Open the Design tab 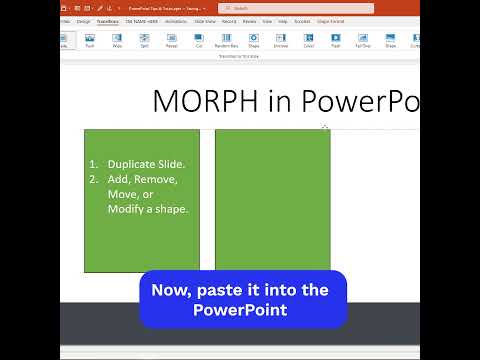coord(83,20)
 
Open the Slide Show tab coord(205,20)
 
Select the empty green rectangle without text coord(272,200)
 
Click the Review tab coord(249,20)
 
